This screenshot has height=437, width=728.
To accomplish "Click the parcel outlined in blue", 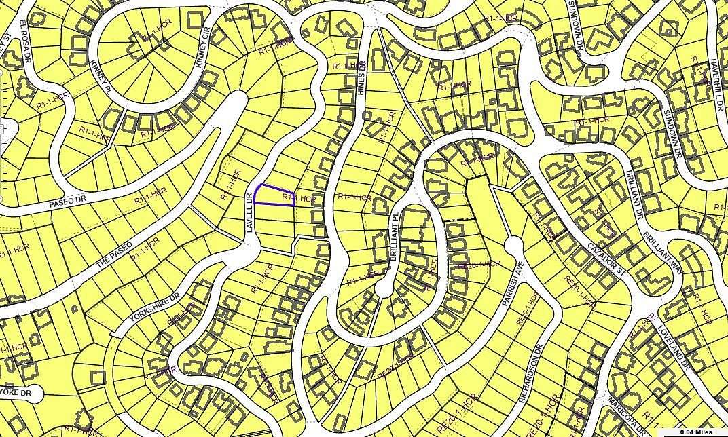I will (275, 195).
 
